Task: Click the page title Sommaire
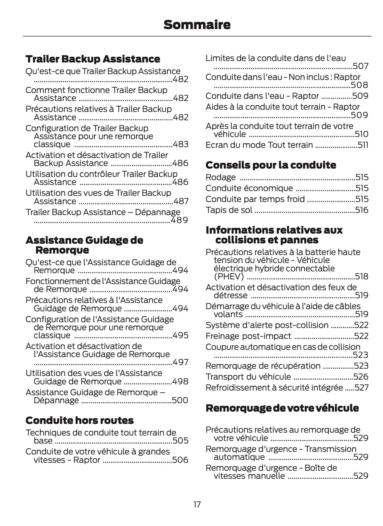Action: click(197, 25)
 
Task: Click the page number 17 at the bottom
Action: click(197, 505)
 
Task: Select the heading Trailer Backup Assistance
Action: click(93, 59)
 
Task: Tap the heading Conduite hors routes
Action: click(80, 420)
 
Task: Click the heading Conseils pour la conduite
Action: click(271, 165)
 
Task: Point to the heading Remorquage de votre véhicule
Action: click(282, 408)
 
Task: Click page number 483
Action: click(180, 144)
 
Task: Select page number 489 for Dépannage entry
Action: click(179, 220)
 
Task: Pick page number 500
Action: click(180, 400)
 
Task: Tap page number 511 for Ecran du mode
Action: click(363, 145)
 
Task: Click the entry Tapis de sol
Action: click(229, 210)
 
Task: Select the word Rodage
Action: click(221, 177)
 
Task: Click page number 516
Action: click(362, 210)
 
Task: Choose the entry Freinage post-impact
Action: click(248, 336)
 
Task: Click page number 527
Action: click(362, 388)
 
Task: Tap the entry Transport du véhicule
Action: click(248, 377)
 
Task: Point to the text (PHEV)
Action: click(229, 277)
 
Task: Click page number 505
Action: click(180, 441)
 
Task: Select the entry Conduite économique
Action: click(249, 188)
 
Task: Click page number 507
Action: click(360, 66)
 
